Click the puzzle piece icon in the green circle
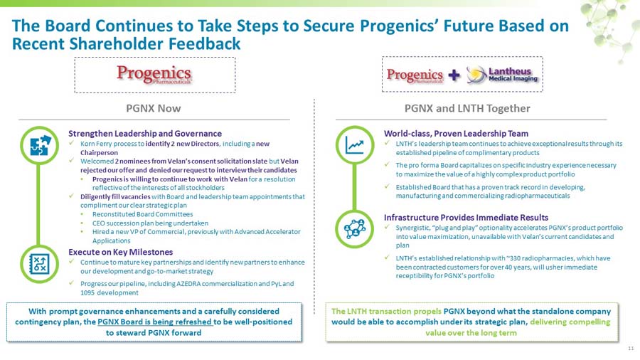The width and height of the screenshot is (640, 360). click(38, 145)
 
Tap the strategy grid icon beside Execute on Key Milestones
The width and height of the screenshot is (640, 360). click(38, 265)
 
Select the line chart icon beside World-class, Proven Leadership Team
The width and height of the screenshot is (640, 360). click(354, 145)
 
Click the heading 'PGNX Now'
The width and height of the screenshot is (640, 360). click(153, 108)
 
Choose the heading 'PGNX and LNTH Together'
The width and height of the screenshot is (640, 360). click(466, 108)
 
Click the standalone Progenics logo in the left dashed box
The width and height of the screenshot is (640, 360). click(154, 75)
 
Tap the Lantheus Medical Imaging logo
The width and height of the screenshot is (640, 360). click(503, 75)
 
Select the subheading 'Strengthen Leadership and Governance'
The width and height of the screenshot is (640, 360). click(145, 133)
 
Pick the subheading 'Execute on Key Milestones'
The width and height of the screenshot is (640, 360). click(120, 252)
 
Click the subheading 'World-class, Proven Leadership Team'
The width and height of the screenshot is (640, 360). click(456, 133)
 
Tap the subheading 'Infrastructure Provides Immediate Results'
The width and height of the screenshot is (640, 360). click(466, 217)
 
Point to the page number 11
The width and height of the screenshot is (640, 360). click(630, 348)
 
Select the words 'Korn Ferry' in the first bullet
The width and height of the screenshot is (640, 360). click(95, 143)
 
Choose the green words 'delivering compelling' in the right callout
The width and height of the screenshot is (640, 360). click(570, 322)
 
